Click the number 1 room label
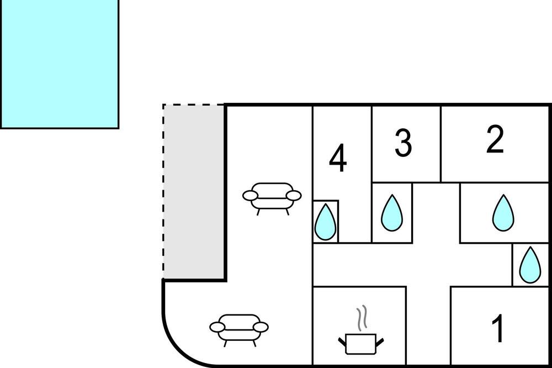(498, 328)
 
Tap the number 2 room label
(495, 140)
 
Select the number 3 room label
(403, 143)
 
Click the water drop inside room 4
(325, 222)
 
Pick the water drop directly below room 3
(392, 213)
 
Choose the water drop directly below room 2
(503, 213)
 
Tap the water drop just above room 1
(530, 265)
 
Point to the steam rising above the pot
(362, 318)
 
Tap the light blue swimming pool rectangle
(59, 64)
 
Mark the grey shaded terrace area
(194, 192)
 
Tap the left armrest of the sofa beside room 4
(250, 195)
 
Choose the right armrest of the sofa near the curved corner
(261, 328)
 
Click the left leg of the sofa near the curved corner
(226, 343)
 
